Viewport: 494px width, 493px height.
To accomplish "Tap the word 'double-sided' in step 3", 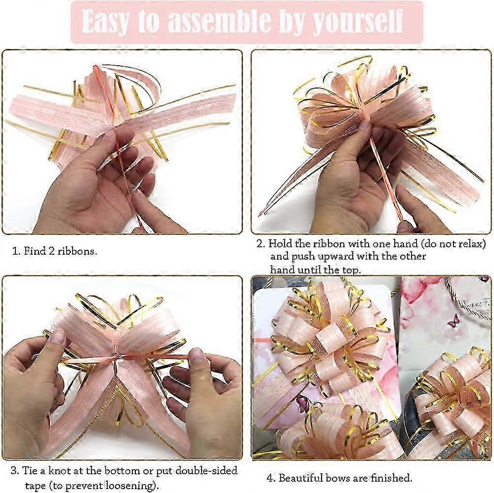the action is (x=206, y=471).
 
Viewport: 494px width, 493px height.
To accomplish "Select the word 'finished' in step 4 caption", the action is (x=390, y=478).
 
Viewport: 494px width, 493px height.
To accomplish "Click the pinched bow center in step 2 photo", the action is (x=365, y=119).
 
